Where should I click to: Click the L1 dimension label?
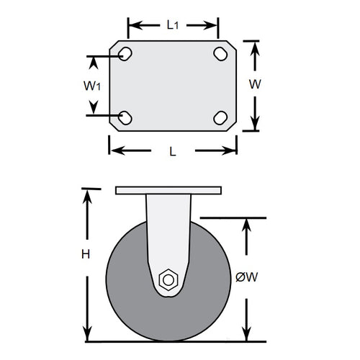pyautogui.click(x=173, y=25)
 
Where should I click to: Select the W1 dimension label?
pyautogui.click(x=91, y=86)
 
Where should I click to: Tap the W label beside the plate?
pyautogui.click(x=254, y=84)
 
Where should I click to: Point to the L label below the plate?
pyautogui.click(x=172, y=150)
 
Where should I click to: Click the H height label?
pyautogui.click(x=86, y=253)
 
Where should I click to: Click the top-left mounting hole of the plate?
pyautogui.click(x=125, y=53)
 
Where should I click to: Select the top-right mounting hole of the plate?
pyautogui.click(x=220, y=53)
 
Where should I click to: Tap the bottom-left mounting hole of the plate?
pyautogui.click(x=125, y=117)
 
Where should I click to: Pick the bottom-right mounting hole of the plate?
pyautogui.click(x=220, y=117)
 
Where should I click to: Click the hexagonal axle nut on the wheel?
pyautogui.click(x=169, y=279)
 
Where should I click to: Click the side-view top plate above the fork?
pyautogui.click(x=168, y=190)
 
